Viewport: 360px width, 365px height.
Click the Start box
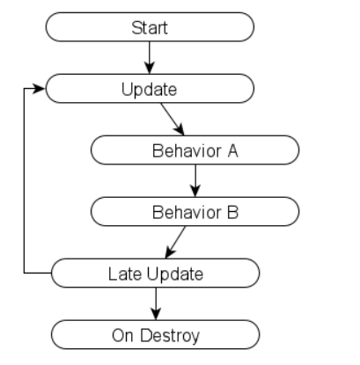click(x=150, y=27)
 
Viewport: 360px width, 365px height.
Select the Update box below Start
click(x=150, y=89)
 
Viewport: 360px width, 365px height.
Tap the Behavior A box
click(x=195, y=150)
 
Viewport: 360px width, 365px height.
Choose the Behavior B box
click(x=195, y=212)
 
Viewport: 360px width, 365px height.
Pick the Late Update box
click(x=156, y=274)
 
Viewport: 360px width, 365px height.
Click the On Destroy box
click(x=156, y=335)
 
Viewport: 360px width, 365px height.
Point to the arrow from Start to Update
click(x=150, y=58)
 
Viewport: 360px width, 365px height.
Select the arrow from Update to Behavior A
click(x=173, y=120)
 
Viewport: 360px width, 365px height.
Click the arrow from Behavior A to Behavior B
click(x=195, y=181)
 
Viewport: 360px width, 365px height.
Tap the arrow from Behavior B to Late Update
click(x=175, y=243)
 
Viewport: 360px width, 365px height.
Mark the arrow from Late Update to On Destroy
click(x=156, y=304)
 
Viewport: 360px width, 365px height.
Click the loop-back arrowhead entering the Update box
click(x=39, y=88)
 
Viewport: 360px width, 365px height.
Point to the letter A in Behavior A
click(x=232, y=151)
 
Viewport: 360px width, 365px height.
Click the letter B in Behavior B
click(x=232, y=212)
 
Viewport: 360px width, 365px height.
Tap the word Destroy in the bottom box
click(x=170, y=336)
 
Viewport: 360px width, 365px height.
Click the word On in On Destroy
click(x=122, y=336)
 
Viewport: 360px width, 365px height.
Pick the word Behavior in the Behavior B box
click(x=187, y=212)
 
